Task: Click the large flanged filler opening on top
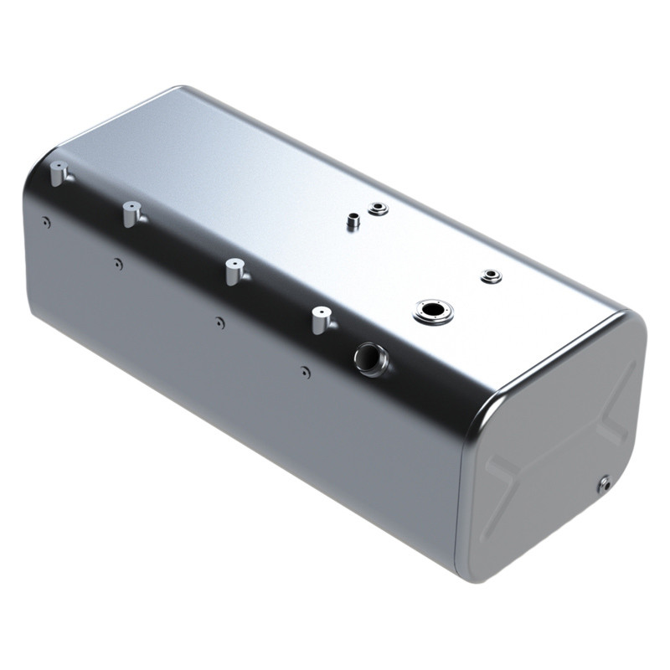434,312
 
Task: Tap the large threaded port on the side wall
369,358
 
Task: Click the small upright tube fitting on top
353,222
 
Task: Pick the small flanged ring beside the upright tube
378,207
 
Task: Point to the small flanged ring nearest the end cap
490,276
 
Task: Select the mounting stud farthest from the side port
59,174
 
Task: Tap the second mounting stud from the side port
233,271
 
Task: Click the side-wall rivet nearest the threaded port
306,371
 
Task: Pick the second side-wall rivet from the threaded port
219,322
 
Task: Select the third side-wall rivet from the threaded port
118,264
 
